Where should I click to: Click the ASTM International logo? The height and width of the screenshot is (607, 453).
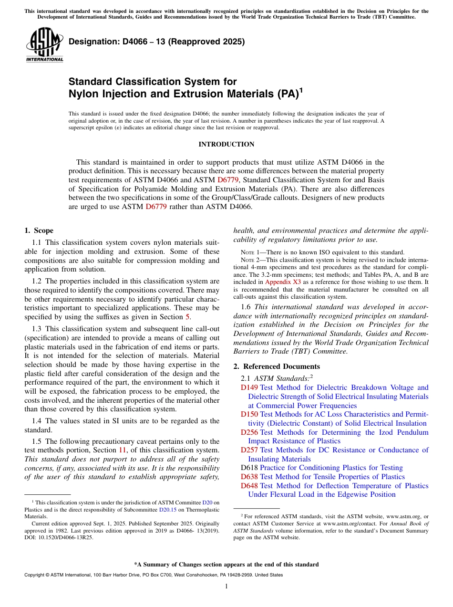pyautogui.click(x=44, y=45)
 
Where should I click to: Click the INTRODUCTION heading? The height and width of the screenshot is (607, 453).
pyautogui.click(x=226, y=144)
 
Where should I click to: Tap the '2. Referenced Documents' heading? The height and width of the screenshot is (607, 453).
pyautogui.click(x=277, y=366)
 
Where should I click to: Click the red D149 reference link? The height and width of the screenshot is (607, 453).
pyautogui.click(x=249, y=387)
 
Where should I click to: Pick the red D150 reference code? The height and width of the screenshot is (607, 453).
pyautogui.click(x=249, y=414)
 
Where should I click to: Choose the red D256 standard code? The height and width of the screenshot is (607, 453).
pyautogui.click(x=249, y=432)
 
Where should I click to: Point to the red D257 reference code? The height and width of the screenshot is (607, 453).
pyautogui.click(x=249, y=450)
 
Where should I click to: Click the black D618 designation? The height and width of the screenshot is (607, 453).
pyautogui.click(x=249, y=468)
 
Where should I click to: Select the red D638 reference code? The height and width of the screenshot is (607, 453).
pyautogui.click(x=249, y=477)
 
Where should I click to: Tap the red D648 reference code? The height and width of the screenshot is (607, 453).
pyautogui.click(x=249, y=486)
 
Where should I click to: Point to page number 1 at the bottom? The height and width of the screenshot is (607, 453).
pyautogui.click(x=226, y=586)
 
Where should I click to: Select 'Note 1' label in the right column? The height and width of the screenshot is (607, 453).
pyautogui.click(x=249, y=252)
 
